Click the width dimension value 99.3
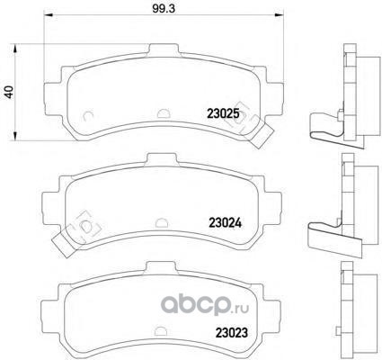(164, 8)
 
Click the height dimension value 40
(9, 92)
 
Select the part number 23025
(223, 113)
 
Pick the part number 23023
(232, 332)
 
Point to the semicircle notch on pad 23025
(164, 112)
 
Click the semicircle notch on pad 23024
(163, 221)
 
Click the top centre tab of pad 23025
(164, 49)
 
